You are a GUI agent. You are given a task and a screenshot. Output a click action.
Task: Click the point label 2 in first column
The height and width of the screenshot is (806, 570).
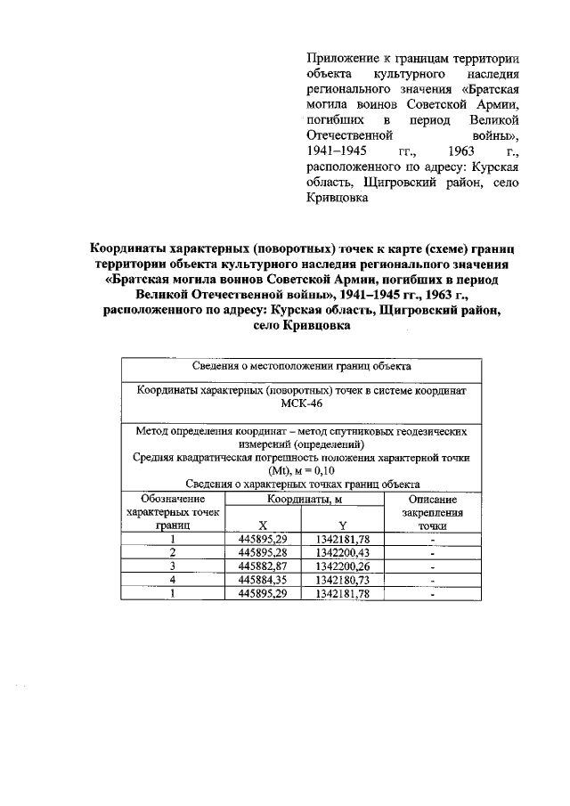tap(173, 553)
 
